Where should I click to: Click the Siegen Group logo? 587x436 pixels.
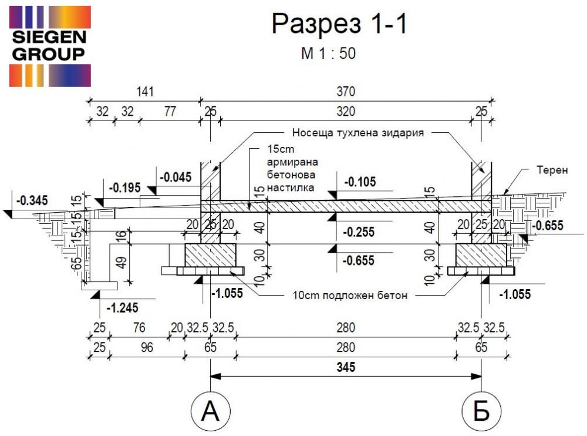(49, 46)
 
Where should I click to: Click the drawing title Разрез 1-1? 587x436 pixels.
(339, 25)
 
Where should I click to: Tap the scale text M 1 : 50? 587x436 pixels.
(328, 53)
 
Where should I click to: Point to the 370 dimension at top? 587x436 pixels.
(345, 92)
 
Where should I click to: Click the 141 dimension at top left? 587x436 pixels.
(144, 92)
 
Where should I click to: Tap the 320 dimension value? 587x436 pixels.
(345, 112)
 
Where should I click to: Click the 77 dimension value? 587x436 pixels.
(169, 112)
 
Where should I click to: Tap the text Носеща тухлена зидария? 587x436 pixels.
(357, 133)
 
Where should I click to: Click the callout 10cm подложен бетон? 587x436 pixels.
(350, 295)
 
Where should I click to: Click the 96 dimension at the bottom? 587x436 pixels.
(147, 347)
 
